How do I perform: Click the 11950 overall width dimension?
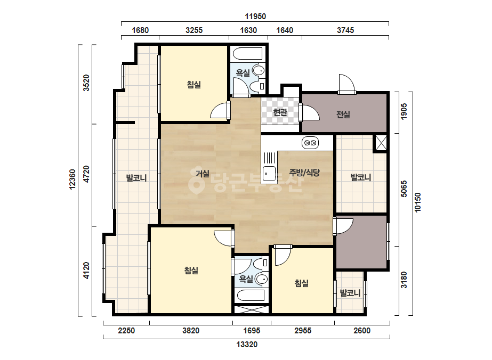pos(255,17)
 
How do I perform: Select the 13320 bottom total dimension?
pos(247,345)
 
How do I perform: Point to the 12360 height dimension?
pos(72,179)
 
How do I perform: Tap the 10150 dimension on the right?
pos(417,202)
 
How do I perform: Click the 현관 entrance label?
pos(280,112)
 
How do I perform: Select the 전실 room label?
pos(343,114)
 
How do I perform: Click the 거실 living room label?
pos(203,173)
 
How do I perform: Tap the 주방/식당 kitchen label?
pos(304,172)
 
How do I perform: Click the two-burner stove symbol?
pos(310,143)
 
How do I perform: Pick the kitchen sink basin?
pos(269,174)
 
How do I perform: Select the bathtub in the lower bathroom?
pos(252,295)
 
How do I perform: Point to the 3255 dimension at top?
pos(194,30)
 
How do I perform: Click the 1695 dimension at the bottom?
pos(252,331)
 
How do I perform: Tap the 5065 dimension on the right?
pos(404,189)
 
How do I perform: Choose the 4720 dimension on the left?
pos(86,174)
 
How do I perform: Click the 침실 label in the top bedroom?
pos(193,84)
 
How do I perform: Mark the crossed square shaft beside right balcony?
pos(381,143)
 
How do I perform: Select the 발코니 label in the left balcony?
pos(136,178)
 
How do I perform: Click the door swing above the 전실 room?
pos(346,83)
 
